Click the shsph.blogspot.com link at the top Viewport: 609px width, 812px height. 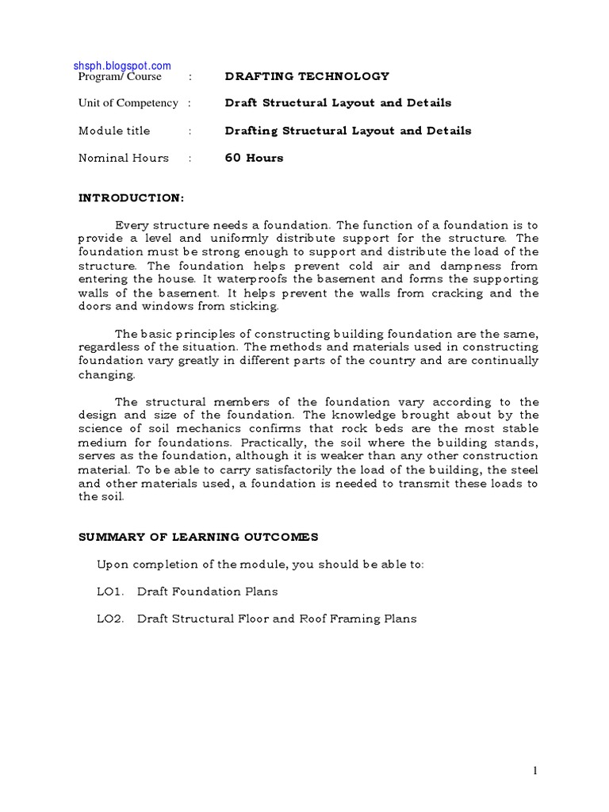click(x=123, y=66)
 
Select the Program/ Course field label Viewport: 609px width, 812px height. click(x=120, y=77)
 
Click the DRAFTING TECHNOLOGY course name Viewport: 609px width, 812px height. click(x=307, y=77)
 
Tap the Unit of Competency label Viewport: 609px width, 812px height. click(x=128, y=103)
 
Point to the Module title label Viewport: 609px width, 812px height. click(x=113, y=131)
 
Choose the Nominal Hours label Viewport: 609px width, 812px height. click(x=123, y=158)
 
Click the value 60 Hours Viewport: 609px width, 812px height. click(x=254, y=158)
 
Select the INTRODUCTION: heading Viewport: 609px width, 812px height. click(x=131, y=197)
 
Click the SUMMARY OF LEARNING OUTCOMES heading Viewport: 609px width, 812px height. click(x=198, y=537)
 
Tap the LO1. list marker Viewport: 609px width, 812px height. click(x=110, y=592)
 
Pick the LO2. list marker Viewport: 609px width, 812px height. click(x=110, y=619)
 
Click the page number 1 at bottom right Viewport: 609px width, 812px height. click(x=535, y=771)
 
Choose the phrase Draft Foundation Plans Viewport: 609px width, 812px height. click(x=208, y=592)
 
